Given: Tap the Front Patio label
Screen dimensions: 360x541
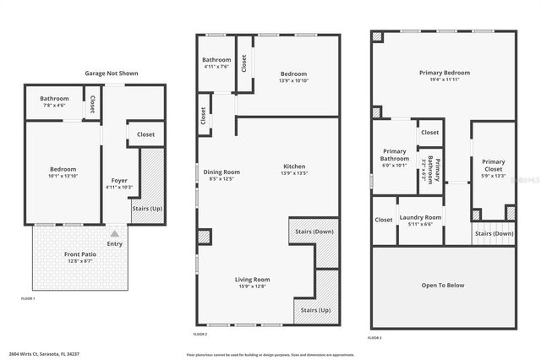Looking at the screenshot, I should coord(80,254).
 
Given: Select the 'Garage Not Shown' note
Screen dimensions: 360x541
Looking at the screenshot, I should coord(111,74).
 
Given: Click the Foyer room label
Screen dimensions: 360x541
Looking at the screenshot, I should coord(119,181).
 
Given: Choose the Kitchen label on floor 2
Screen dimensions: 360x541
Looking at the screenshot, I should coord(294,166).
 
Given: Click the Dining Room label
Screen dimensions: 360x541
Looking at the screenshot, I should coord(224,172).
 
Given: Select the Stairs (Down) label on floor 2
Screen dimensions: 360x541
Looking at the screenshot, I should coord(313,231).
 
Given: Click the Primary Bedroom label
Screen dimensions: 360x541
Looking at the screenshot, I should coord(445,73).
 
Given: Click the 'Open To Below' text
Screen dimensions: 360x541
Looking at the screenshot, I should coord(443,285).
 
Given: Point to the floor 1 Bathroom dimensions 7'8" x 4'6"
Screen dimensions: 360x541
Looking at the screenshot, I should coord(53,106).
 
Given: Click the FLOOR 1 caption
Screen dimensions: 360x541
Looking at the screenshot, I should coord(28,298).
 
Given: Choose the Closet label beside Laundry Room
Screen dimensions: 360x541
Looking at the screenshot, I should coord(384,220).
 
